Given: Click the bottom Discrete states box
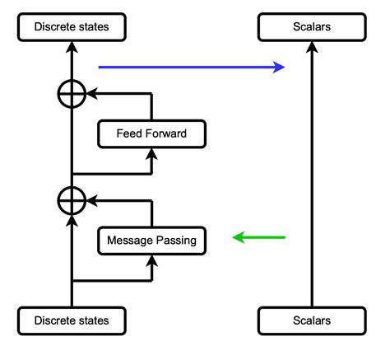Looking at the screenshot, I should (x=72, y=320).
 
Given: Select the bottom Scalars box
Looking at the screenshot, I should (x=311, y=320).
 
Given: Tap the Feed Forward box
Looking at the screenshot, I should (x=151, y=134).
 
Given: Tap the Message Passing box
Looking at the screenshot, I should (x=151, y=241).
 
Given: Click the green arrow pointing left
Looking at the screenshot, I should (x=258, y=238).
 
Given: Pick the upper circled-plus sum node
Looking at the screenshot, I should (x=72, y=95).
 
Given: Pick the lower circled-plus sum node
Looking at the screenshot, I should (x=72, y=200).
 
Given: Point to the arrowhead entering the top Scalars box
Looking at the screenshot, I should (x=311, y=47).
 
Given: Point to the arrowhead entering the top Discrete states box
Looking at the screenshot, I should (x=72, y=47).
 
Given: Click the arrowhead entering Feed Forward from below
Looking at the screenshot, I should (x=151, y=154).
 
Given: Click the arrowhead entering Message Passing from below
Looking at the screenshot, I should (x=151, y=259).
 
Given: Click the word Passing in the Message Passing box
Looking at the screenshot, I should (x=176, y=241).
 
